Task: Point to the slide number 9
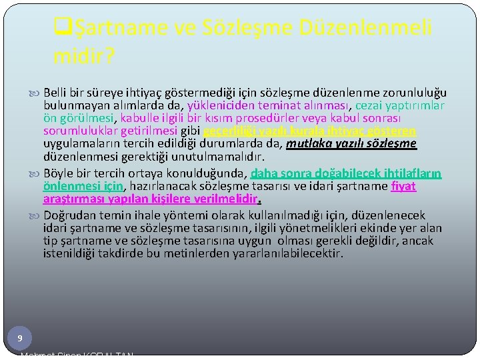click(20, 339)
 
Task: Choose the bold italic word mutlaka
click(306, 144)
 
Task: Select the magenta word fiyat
click(404, 186)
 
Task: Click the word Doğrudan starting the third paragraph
click(70, 215)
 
